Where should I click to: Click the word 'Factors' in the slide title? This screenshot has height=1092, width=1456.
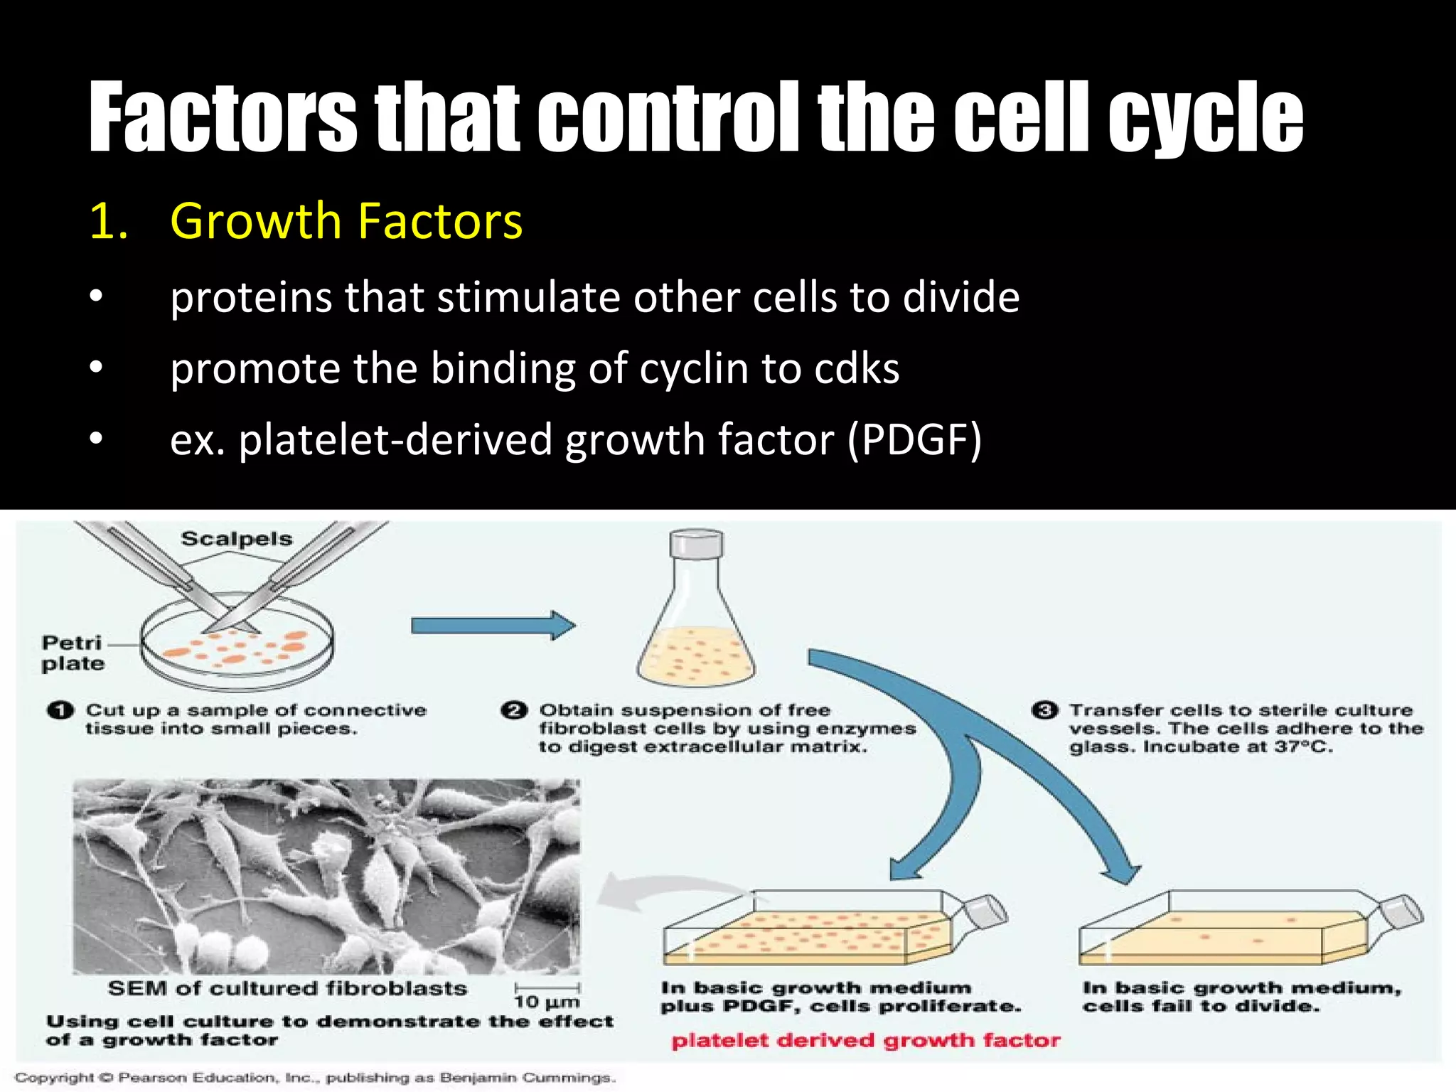click(x=223, y=117)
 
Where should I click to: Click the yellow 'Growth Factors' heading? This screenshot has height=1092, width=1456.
click(x=346, y=221)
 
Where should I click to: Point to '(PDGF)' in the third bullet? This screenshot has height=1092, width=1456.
click(x=914, y=440)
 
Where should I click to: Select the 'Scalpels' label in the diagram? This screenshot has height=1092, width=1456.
click(x=237, y=539)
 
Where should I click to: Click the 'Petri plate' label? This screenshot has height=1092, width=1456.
click(x=73, y=653)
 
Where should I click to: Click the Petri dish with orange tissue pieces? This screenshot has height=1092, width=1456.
click(x=237, y=648)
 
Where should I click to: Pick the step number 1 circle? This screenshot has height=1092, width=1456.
click(x=60, y=710)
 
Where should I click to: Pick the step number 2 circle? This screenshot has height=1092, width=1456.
click(x=514, y=710)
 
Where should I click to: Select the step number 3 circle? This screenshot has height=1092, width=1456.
click(x=1044, y=710)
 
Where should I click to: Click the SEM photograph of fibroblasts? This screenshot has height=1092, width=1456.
click(x=326, y=876)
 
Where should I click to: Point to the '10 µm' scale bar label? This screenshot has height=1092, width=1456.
click(x=547, y=1002)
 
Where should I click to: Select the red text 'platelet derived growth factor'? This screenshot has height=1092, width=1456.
click(x=865, y=1041)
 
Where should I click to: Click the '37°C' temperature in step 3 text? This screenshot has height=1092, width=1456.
click(x=1305, y=747)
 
